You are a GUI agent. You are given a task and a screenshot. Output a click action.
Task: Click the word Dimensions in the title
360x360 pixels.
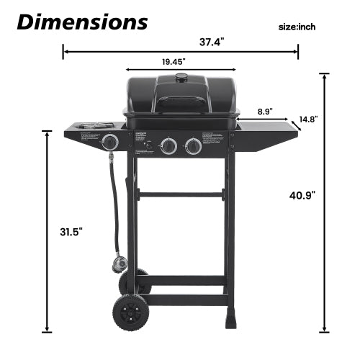pyautogui.click(x=82, y=21)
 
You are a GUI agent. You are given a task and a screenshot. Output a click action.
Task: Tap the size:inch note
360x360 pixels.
pyautogui.click(x=297, y=27)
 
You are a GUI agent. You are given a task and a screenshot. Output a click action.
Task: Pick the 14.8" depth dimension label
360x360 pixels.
pyautogui.click(x=307, y=119)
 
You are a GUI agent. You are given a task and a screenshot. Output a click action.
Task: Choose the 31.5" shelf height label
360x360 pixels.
pyautogui.click(x=71, y=231)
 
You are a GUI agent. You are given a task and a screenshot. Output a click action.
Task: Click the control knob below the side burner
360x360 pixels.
pyautogui.click(x=110, y=142)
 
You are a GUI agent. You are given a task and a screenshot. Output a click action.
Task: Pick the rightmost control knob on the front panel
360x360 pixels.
pyautogui.click(x=193, y=147)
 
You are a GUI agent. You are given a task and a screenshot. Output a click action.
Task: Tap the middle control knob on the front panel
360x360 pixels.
pyautogui.click(x=168, y=147)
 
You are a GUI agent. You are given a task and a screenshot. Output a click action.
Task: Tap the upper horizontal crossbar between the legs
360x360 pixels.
pyautogui.click(x=180, y=194)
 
